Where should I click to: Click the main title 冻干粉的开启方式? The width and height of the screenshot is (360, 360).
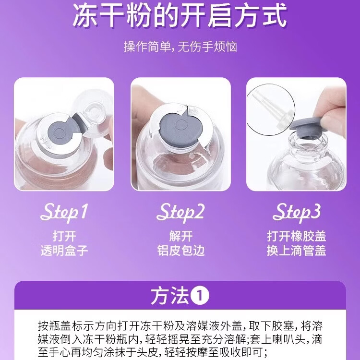pyautogui.click(x=180, y=17)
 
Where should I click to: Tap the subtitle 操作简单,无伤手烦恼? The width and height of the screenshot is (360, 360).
pyautogui.click(x=180, y=47)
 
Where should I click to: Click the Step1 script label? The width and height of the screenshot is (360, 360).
pyautogui.click(x=65, y=212)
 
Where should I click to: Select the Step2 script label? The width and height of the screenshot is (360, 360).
pyautogui.click(x=180, y=212)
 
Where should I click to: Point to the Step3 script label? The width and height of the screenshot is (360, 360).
pyautogui.click(x=297, y=212)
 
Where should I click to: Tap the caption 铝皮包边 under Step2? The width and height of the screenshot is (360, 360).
pyautogui.click(x=180, y=250)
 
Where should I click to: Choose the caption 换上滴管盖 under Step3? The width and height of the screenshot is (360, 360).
pyautogui.click(x=296, y=250)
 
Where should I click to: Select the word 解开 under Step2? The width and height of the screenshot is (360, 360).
pyautogui.click(x=180, y=236)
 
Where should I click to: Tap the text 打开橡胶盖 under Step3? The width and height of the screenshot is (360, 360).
pyautogui.click(x=296, y=236)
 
